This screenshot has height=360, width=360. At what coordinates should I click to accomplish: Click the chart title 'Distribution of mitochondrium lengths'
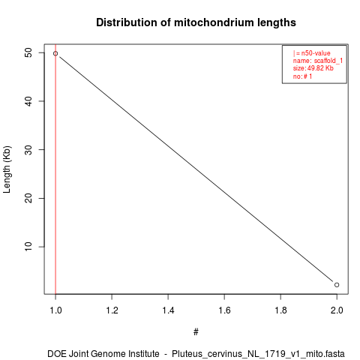(196, 22)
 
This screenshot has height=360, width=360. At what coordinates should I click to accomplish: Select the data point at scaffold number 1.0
(55, 53)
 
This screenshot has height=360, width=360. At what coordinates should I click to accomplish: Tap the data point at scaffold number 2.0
(337, 285)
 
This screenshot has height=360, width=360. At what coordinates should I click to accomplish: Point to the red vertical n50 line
(55, 169)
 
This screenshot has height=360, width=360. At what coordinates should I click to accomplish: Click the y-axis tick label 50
(28, 52)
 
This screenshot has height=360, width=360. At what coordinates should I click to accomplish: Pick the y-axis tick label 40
(28, 101)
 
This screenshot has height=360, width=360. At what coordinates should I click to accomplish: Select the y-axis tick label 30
(28, 150)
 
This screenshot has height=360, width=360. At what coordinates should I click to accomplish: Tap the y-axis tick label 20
(28, 198)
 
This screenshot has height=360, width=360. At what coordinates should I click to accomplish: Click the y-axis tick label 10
(28, 247)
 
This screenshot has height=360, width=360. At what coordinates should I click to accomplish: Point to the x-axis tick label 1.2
(112, 310)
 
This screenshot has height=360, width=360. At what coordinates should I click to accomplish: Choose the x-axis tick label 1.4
(168, 310)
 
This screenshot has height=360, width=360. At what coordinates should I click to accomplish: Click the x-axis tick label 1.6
(224, 310)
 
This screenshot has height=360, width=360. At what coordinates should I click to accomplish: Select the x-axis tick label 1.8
(280, 310)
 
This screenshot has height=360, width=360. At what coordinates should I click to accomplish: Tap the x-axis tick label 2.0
(337, 310)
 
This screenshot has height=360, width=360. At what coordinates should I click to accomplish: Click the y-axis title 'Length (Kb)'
(7, 169)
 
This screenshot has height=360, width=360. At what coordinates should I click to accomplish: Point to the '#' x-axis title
(196, 332)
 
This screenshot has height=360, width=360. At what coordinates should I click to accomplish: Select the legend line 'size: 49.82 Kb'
(313, 68)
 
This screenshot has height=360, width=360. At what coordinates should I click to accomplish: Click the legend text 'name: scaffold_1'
(318, 61)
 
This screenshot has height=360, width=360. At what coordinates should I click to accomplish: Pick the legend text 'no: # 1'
(302, 76)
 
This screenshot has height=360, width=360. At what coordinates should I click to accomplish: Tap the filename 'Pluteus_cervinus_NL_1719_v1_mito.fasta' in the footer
(258, 354)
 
